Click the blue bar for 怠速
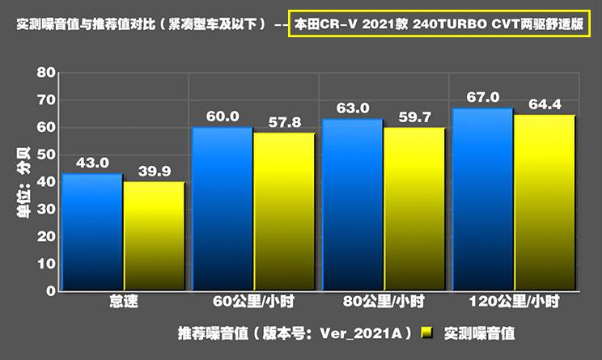92,232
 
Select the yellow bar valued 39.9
154,236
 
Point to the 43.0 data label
92,163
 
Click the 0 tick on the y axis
51,291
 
